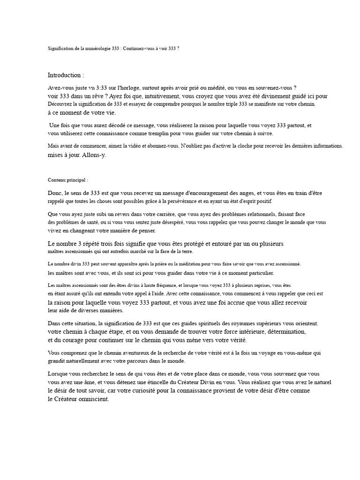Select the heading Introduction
pos(66,75)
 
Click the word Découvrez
pos(60,104)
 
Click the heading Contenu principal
pos(67,180)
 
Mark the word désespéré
pos(169,222)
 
